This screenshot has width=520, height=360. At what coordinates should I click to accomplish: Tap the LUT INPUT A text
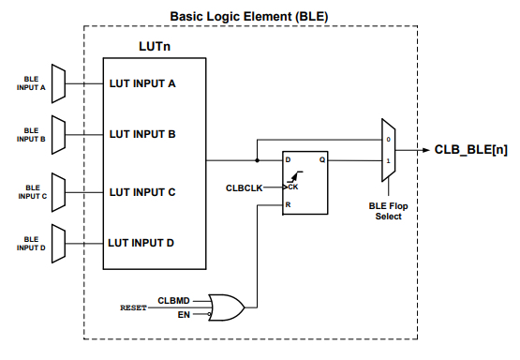(x=142, y=83)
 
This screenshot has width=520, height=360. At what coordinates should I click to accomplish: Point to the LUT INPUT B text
(x=142, y=134)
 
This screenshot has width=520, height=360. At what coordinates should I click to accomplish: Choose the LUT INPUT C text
(x=142, y=192)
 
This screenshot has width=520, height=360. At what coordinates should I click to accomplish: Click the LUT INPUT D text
(x=142, y=243)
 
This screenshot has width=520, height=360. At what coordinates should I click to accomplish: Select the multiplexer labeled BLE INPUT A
(x=57, y=83)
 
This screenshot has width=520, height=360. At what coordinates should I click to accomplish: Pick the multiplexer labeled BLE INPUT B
(x=57, y=134)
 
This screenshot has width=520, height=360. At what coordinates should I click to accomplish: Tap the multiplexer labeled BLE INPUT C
(x=57, y=192)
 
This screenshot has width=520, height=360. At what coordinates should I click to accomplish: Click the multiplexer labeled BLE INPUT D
(x=57, y=243)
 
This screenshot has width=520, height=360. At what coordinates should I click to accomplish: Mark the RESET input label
(x=133, y=307)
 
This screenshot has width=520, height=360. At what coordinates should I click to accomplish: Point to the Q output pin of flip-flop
(x=321, y=160)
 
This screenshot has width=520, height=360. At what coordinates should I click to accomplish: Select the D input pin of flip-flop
(x=290, y=160)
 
